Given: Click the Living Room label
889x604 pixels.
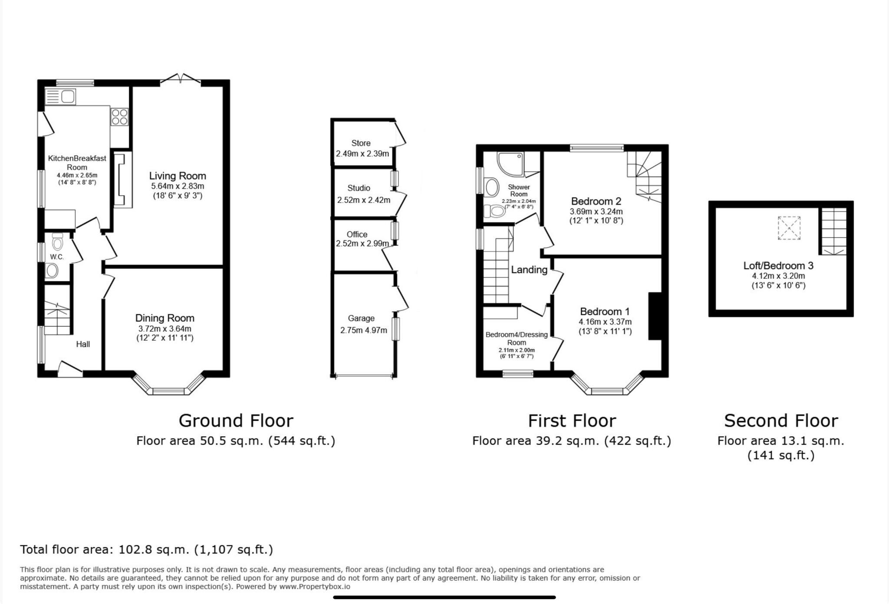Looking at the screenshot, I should [x=178, y=176].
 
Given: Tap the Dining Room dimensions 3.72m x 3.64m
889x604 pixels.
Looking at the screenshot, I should [x=165, y=329].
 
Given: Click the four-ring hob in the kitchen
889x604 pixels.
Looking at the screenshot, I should [x=119, y=117].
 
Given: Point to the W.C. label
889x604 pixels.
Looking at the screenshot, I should [x=57, y=257].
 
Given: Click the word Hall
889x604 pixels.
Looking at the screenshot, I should [x=83, y=344].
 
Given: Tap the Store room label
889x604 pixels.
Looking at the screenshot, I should [x=361, y=143].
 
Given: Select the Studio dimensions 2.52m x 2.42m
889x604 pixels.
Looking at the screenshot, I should [x=363, y=200].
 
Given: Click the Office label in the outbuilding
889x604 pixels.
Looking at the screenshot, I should [x=357, y=234].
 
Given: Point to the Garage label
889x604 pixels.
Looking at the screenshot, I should [x=361, y=318].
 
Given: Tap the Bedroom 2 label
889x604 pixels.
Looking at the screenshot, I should [x=596, y=201].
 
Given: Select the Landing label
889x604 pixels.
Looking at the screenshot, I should [x=529, y=270].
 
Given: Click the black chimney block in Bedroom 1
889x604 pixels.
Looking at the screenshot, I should [x=655, y=316].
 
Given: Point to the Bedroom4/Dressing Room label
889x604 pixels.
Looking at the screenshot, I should [x=517, y=338].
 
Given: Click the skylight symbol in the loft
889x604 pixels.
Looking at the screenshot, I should [x=789, y=228].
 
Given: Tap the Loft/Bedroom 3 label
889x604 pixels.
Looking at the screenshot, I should [x=778, y=265].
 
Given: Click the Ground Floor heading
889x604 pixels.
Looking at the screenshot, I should [x=236, y=421].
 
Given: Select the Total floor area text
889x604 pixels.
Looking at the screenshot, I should [x=146, y=549].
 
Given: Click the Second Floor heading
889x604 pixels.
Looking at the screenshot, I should [x=781, y=421].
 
